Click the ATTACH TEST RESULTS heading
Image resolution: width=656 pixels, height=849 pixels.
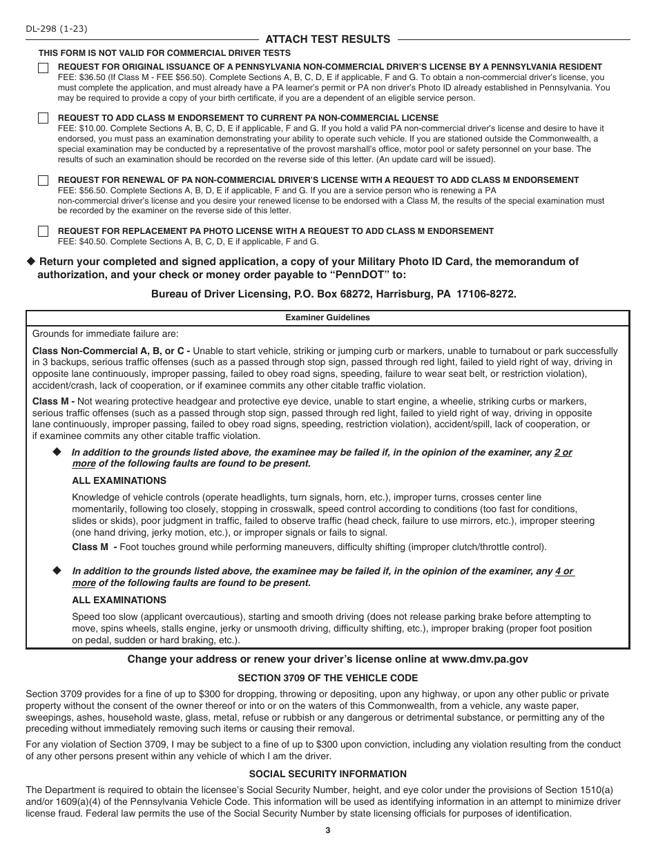pos(328,39)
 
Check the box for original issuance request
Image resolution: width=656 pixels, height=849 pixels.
pos(44,68)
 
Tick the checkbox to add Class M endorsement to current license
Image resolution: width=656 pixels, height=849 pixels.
pos(44,119)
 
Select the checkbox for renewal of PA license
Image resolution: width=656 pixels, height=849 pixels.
pos(44,181)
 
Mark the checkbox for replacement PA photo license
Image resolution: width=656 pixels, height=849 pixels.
pos(44,231)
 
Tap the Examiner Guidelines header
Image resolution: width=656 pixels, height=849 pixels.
pos(327,318)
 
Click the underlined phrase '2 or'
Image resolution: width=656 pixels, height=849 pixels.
pos(563,453)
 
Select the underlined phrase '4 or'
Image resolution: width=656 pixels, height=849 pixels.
pos(564,572)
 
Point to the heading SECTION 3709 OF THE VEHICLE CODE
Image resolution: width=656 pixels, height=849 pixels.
pos(327,678)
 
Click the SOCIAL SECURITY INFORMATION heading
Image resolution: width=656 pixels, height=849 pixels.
pos(327,774)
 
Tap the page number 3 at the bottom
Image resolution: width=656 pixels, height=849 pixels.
pos(328,830)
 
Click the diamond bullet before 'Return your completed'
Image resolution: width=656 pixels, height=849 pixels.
pos(30,262)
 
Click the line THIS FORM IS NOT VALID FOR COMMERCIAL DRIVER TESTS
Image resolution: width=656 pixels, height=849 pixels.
pos(164,53)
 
